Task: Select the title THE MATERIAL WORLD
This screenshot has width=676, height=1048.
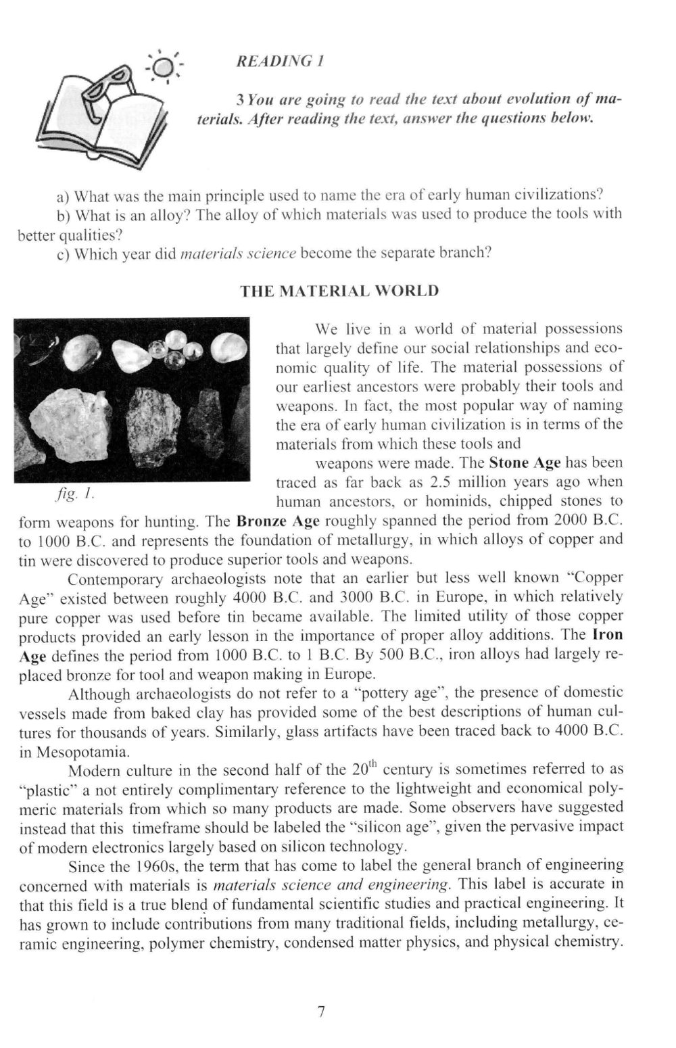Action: [x=340, y=291]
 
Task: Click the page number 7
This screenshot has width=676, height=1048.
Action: [x=321, y=1011]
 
